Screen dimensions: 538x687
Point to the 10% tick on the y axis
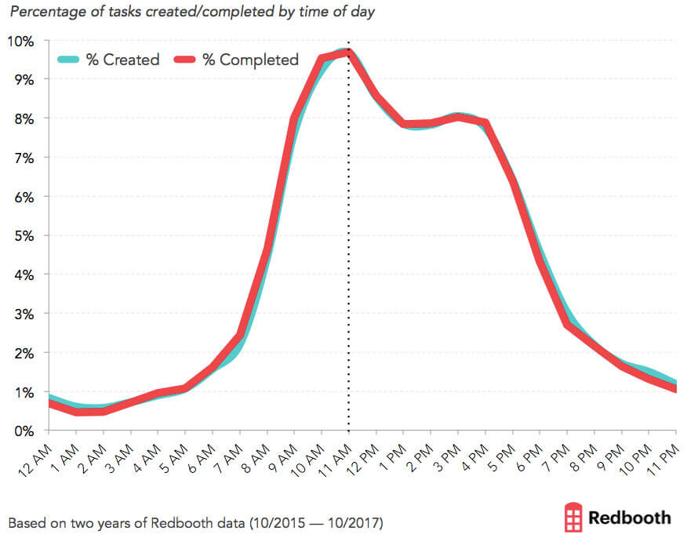click(x=21, y=41)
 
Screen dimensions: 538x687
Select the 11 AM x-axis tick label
click(x=336, y=455)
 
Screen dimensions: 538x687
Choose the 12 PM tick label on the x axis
click(x=363, y=455)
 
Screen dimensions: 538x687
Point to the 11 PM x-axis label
click(x=665, y=455)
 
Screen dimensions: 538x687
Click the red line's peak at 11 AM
click(x=348, y=53)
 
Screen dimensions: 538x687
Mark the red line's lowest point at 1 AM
click(x=76, y=412)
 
